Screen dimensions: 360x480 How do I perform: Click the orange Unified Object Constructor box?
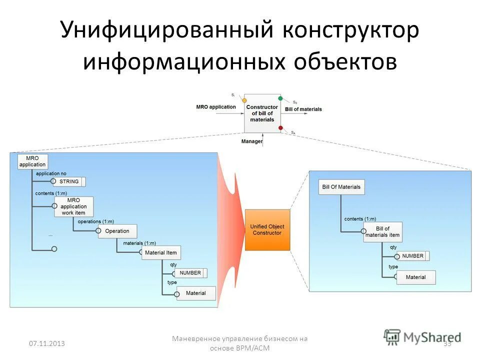pyautogui.click(x=267, y=230)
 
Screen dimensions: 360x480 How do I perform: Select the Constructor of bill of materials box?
pyautogui.click(x=262, y=113)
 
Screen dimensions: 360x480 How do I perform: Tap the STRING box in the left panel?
pyautogui.click(x=69, y=181)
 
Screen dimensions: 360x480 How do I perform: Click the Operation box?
pyautogui.click(x=117, y=231)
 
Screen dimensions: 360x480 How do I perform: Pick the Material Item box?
pyautogui.click(x=160, y=253)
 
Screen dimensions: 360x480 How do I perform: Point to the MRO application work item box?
pyautogui.click(x=73, y=206)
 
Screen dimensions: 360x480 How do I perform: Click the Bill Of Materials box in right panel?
pyautogui.click(x=341, y=187)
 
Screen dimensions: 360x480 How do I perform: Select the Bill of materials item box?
pyautogui.click(x=382, y=232)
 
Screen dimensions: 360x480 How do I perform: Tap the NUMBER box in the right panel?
pyautogui.click(x=412, y=256)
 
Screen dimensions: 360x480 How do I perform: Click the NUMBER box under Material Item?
pyautogui.click(x=190, y=273)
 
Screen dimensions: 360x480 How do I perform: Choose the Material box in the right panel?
pyautogui.click(x=415, y=277)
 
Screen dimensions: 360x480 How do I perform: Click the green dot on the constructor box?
pyautogui.click(x=280, y=98)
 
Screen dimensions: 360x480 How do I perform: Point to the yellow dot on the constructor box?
pyautogui.click(x=244, y=100)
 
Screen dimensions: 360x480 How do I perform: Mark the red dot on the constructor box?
pyautogui.click(x=280, y=128)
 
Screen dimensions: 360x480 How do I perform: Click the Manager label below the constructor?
pyautogui.click(x=251, y=141)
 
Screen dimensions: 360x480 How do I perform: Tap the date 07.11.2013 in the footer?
pyautogui.click(x=46, y=343)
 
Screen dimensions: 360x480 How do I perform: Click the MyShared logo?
pyautogui.click(x=422, y=337)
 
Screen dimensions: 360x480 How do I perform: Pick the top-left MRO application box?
pyautogui.click(x=32, y=161)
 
